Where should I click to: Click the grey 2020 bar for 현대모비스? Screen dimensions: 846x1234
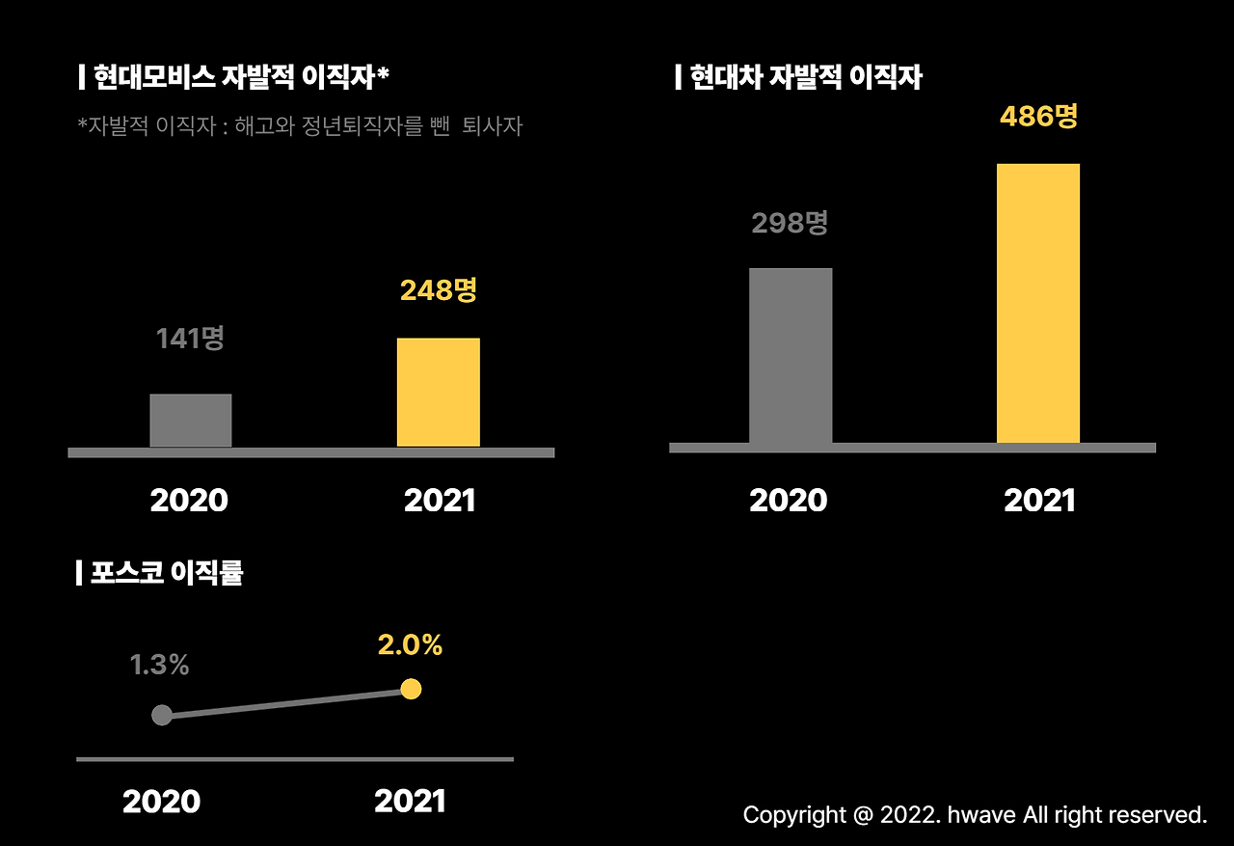click(191, 421)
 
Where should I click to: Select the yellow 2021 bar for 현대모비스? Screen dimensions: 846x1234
click(439, 393)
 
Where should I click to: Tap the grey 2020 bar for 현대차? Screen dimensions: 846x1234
click(791, 356)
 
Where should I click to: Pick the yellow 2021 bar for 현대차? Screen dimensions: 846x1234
click(1038, 304)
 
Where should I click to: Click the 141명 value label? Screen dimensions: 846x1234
click(190, 339)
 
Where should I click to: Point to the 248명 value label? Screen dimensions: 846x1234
click(439, 290)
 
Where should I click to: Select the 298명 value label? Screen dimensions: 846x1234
click(790, 223)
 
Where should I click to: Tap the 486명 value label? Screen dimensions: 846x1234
click(1038, 117)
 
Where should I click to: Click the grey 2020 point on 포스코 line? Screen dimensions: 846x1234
click(162, 715)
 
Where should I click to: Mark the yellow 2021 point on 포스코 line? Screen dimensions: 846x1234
click(411, 689)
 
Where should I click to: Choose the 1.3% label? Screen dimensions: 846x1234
click(159, 665)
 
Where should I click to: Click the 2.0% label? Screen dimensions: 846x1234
click(410, 645)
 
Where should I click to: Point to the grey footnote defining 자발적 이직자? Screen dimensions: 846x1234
click(300, 126)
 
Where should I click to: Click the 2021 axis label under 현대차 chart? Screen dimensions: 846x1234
click(1039, 500)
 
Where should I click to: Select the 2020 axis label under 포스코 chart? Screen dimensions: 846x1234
click(161, 801)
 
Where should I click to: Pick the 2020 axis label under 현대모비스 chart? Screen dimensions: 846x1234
click(189, 500)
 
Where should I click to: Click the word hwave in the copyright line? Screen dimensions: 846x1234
click(981, 815)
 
